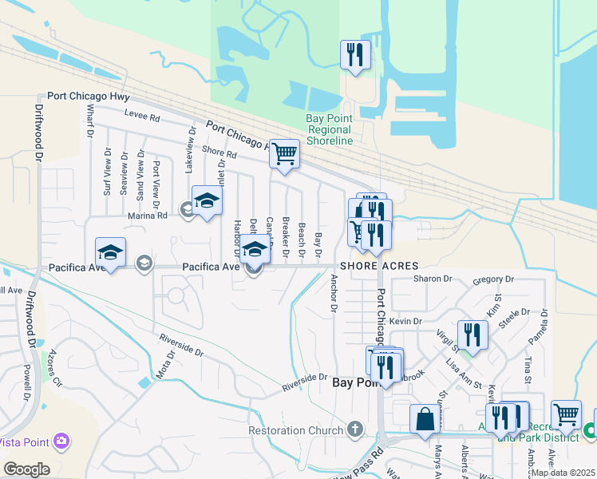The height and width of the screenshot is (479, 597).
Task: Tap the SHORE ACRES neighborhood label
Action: coord(379,265)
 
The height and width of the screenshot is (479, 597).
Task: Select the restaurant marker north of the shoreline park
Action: coord(355,56)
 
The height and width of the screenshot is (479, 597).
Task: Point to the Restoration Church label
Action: coord(295,430)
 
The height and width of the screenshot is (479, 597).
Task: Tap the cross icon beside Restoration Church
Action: coord(356,430)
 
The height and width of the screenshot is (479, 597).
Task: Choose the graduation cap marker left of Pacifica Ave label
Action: coord(110,252)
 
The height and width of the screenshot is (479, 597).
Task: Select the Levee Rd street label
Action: coord(144,117)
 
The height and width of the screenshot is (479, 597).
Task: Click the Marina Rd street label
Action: coord(148,215)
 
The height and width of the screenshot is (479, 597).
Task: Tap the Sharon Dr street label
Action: coord(432,279)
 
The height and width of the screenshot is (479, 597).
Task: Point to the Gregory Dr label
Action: coord(493,279)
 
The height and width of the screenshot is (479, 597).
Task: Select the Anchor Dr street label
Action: coord(334,293)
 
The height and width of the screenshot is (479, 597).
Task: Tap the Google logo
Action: coord(26,469)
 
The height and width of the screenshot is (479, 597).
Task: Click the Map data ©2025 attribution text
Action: coord(563,473)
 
